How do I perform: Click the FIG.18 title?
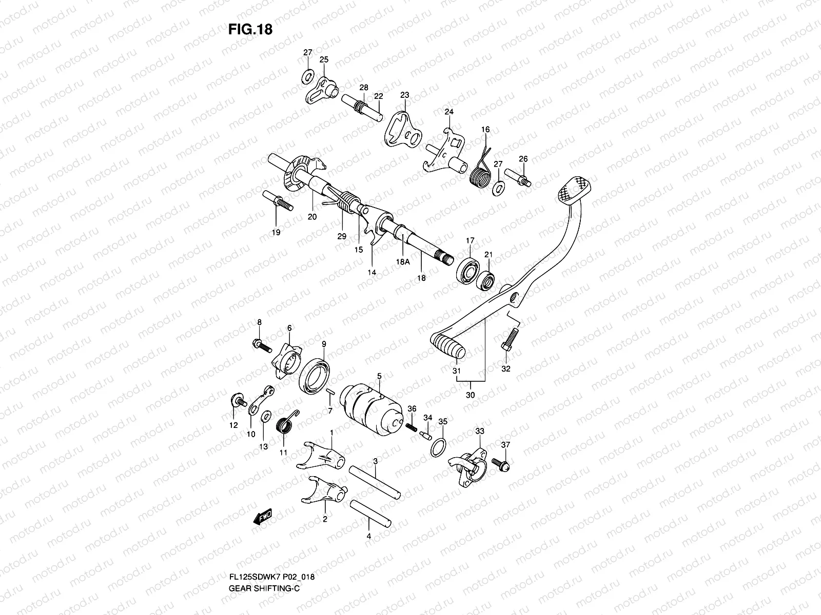pos(250,30)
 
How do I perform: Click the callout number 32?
pos(506,368)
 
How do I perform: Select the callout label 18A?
pos(403,261)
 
